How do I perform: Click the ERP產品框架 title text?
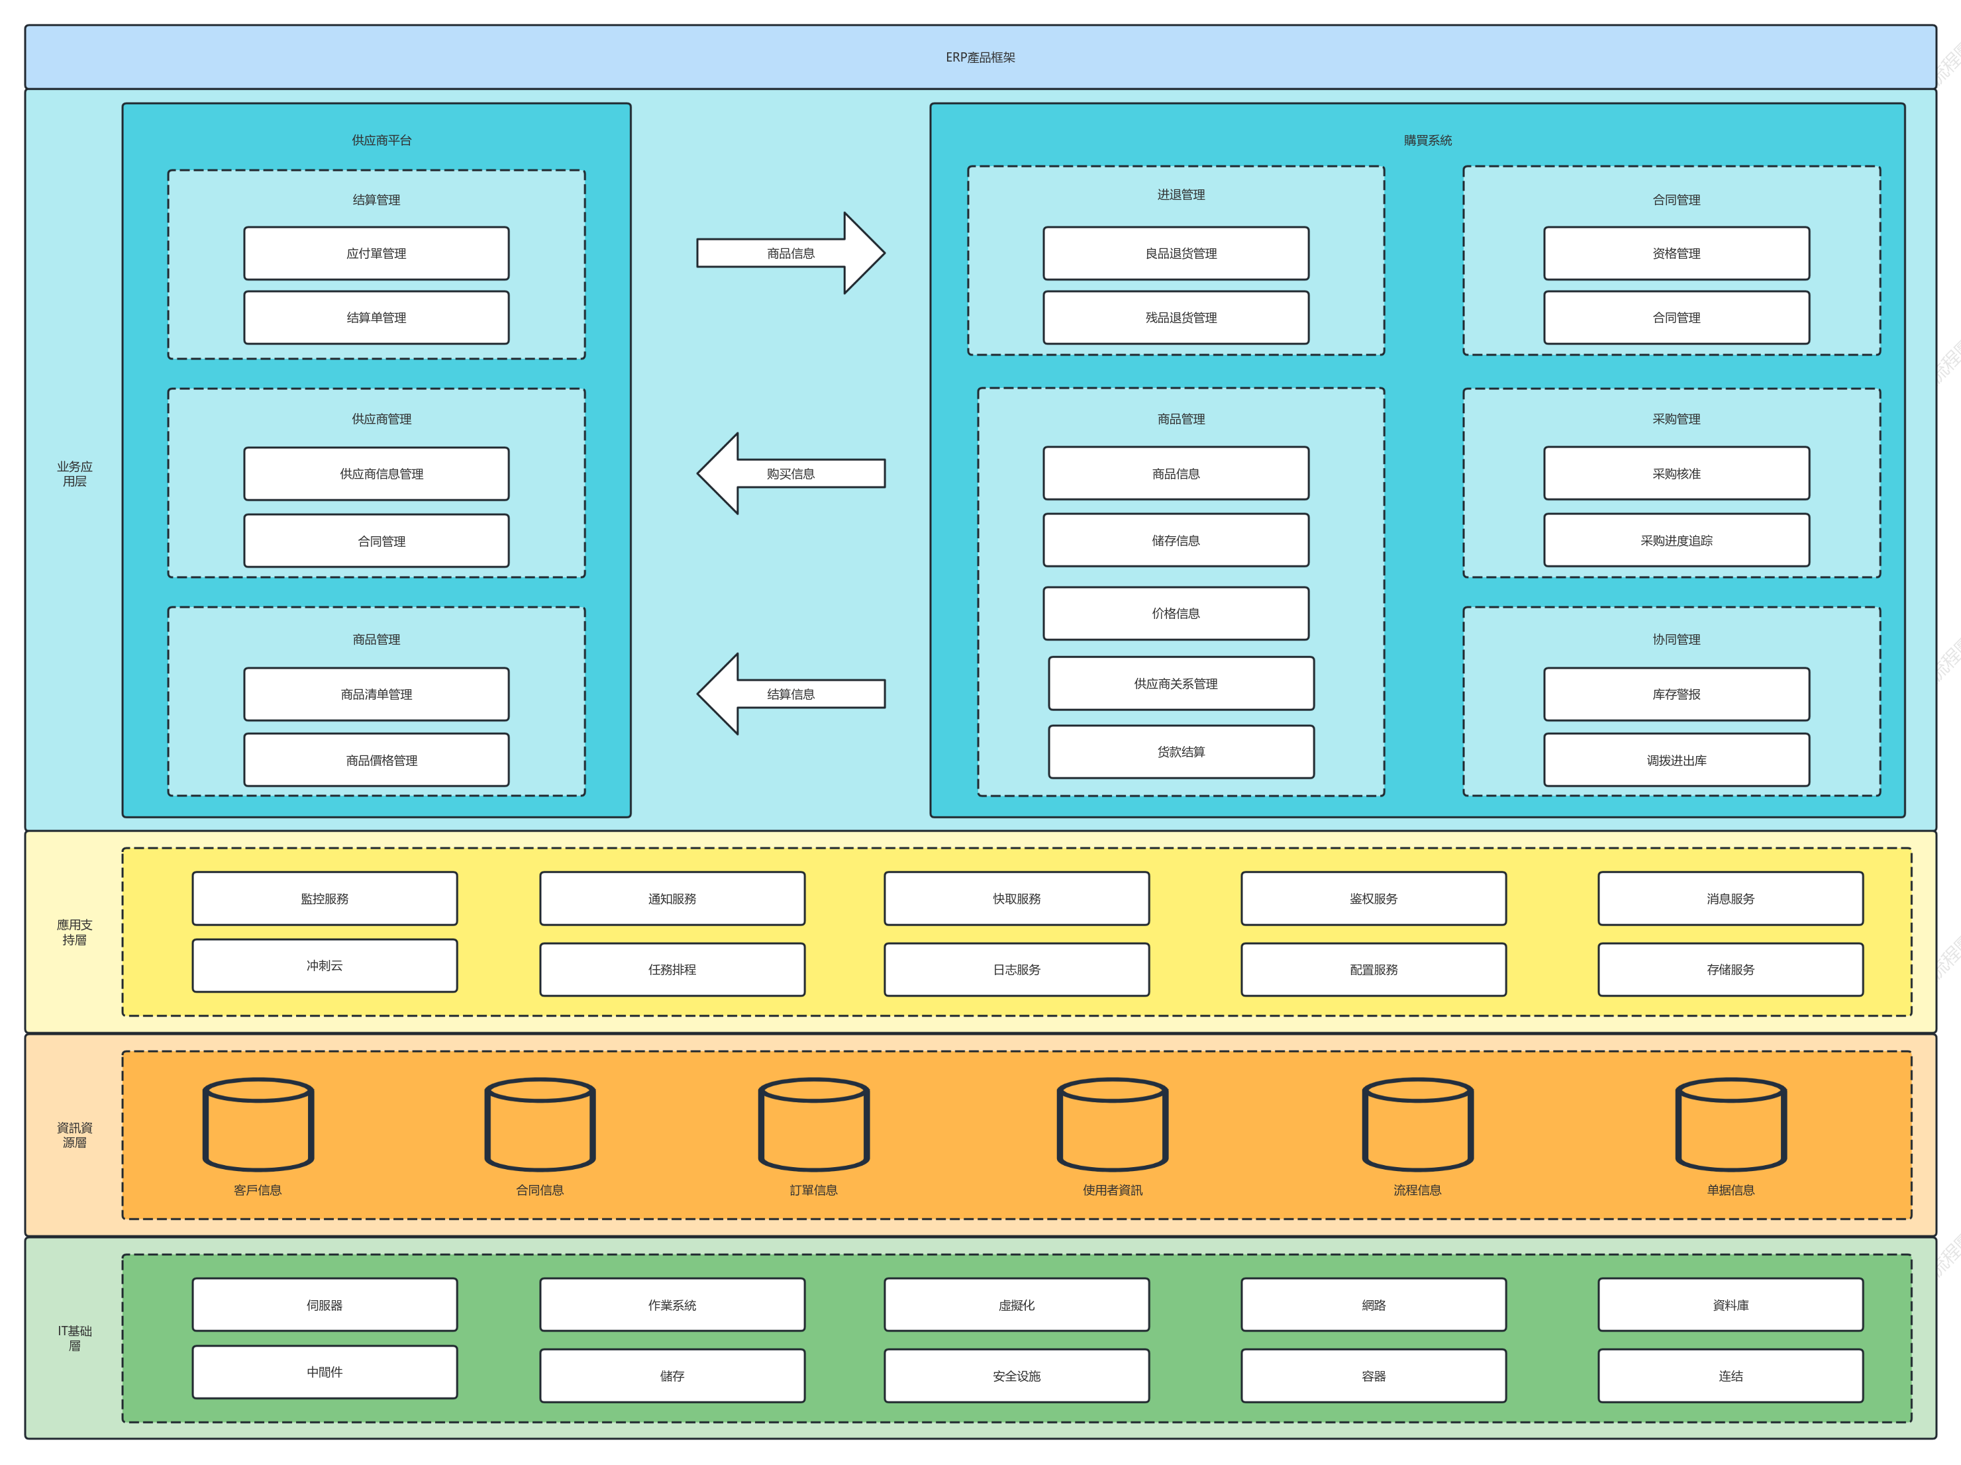click(980, 58)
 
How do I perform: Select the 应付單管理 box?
click(377, 254)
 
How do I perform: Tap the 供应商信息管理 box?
click(377, 474)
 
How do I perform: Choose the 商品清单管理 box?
click(377, 694)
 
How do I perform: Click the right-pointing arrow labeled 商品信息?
click(791, 254)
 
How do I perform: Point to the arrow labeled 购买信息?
click(791, 473)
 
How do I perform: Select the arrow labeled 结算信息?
click(791, 694)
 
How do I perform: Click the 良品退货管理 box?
click(1176, 254)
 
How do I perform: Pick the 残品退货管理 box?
click(1176, 317)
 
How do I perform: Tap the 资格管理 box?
click(1676, 254)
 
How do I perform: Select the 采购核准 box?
click(1676, 473)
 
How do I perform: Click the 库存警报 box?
click(1676, 694)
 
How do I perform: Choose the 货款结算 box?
click(1182, 751)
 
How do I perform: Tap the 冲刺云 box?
click(325, 965)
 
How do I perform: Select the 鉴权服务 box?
click(1374, 899)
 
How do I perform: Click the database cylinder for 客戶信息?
click(258, 1125)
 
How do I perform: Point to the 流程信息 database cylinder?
click(1417, 1125)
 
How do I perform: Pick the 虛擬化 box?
click(1017, 1305)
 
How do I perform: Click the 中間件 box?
click(325, 1372)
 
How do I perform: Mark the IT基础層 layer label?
click(74, 1339)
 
